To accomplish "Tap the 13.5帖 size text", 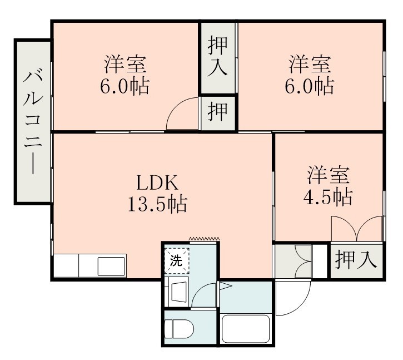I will [x=157, y=205].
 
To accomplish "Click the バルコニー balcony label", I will [x=32, y=122].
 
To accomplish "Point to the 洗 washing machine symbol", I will [x=176, y=260].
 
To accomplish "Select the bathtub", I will [x=246, y=329].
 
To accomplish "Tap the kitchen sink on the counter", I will [x=111, y=267].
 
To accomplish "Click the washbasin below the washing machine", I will [x=178, y=291].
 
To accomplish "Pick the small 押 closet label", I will [x=218, y=113].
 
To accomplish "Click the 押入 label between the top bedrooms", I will [x=218, y=57].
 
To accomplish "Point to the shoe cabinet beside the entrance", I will [x=293, y=261].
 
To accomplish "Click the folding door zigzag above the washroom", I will [x=204, y=239].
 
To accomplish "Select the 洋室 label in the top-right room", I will [x=310, y=64].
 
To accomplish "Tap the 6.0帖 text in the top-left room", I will [x=125, y=86].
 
